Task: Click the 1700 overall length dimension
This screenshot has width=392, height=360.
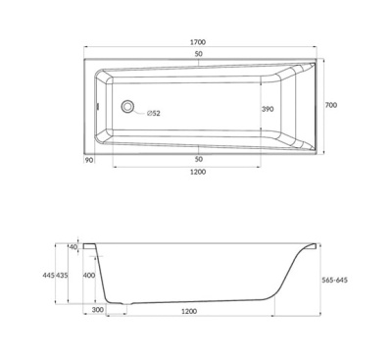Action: (198, 42)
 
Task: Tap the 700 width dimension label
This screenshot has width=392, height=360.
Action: (331, 105)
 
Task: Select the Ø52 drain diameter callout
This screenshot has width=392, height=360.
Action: (154, 113)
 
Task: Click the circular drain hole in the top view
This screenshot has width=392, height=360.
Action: (127, 106)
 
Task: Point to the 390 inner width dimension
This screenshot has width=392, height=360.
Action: (268, 109)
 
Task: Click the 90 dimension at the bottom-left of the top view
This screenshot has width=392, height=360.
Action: (89, 160)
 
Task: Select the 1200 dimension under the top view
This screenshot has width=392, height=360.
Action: (198, 172)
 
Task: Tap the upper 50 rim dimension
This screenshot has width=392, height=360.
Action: (199, 54)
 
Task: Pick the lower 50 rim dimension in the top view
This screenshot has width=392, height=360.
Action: (199, 159)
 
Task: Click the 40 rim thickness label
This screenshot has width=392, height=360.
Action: (73, 247)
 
